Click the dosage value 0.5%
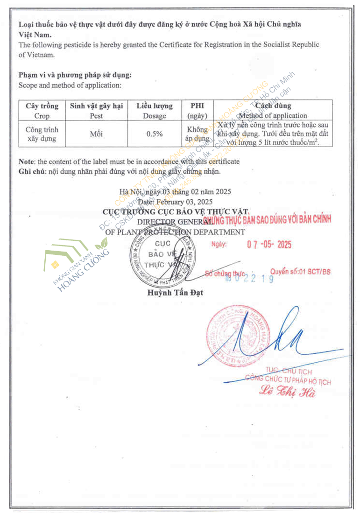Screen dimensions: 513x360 coord(155,134)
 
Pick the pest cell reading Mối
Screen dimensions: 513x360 coord(96,134)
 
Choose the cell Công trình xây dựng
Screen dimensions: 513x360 coord(42,134)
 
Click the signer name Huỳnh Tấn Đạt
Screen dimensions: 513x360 coord(175,293)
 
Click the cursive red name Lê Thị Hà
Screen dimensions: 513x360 coord(287,391)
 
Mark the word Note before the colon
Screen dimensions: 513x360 coord(26,162)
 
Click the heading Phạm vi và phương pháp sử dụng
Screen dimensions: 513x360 coord(75,75)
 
